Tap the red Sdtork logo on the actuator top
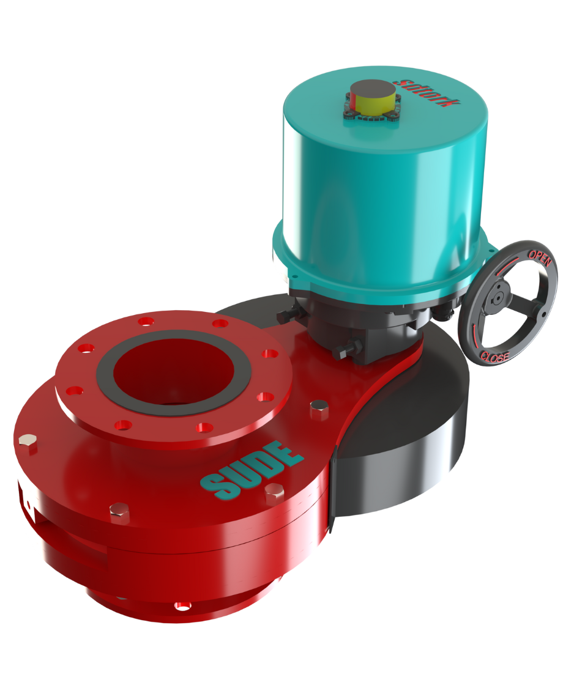427,92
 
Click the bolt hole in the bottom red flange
182,606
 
